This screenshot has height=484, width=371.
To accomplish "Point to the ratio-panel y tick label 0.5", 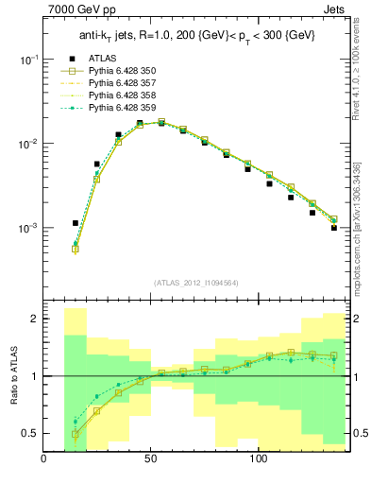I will coord(29,433).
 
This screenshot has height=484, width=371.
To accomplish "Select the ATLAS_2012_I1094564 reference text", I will coord(195,282).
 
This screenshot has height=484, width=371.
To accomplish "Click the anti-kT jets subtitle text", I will coord(195,35).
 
